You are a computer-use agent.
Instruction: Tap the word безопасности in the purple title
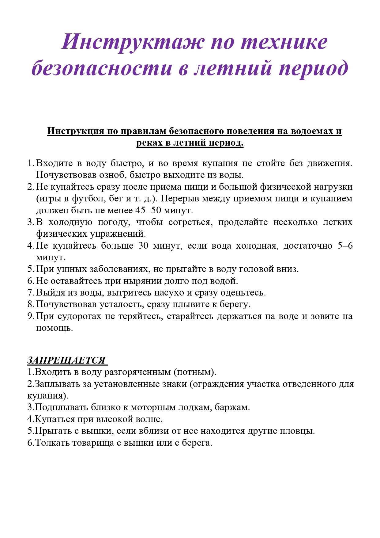pyautogui.click(x=102, y=68)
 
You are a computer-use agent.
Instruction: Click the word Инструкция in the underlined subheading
pyautogui.click(x=75, y=131)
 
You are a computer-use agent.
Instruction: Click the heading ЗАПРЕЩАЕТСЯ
pyautogui.click(x=66, y=360)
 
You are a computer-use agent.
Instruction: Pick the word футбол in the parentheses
pyautogui.click(x=88, y=199)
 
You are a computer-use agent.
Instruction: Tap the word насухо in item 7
pyautogui.click(x=169, y=292)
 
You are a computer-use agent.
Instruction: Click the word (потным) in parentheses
pyautogui.click(x=195, y=372)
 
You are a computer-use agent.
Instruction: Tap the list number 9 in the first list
pyautogui.click(x=30, y=316)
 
